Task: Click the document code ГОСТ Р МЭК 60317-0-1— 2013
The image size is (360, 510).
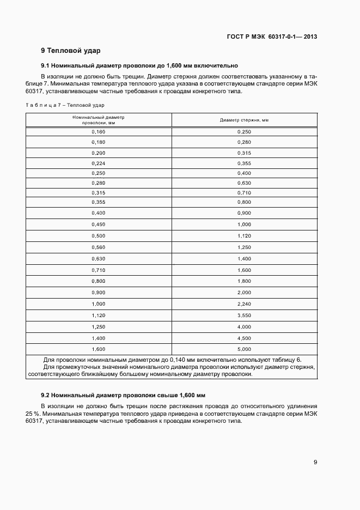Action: click(272, 37)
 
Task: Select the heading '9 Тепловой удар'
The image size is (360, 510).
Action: click(71, 51)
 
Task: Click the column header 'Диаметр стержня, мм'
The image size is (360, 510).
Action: click(244, 120)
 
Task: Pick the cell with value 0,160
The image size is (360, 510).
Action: click(99, 132)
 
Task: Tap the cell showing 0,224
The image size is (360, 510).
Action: click(99, 163)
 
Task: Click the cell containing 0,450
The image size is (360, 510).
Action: click(99, 224)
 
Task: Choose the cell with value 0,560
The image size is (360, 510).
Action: click(99, 247)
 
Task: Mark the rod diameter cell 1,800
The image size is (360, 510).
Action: click(244, 281)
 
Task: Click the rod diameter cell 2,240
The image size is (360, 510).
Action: click(244, 303)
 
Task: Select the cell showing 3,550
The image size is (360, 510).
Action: click(244, 315)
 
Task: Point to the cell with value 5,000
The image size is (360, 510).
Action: click(244, 349)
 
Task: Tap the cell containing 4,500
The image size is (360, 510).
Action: click(244, 338)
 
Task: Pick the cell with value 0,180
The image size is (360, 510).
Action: click(99, 142)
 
